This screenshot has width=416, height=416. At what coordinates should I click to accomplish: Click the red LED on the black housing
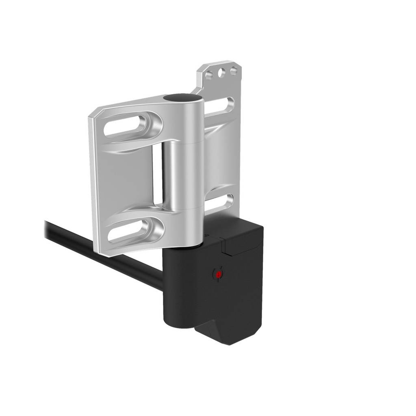[218, 275]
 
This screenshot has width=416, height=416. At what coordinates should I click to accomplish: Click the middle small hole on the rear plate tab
[221, 73]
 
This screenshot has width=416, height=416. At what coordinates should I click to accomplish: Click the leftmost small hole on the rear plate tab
[209, 76]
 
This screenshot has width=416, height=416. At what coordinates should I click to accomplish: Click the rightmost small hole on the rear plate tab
[234, 71]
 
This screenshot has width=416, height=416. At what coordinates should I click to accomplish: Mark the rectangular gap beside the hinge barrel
[157, 175]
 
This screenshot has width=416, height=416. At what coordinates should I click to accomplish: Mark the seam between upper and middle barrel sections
[185, 143]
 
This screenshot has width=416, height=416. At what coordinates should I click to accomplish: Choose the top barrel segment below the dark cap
[185, 122]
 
